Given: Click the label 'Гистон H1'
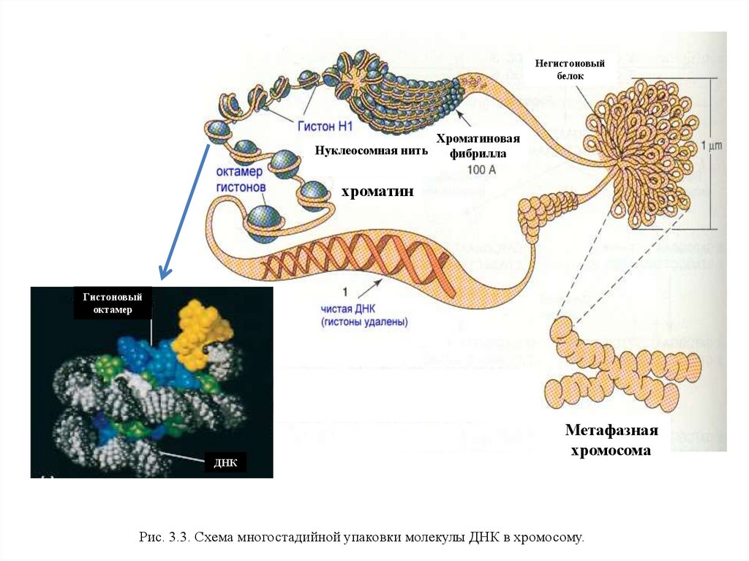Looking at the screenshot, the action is (325, 126).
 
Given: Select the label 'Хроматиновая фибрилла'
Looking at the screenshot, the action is (478, 146).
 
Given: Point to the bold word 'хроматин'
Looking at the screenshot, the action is (378, 192).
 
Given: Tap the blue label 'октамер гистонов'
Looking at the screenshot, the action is (241, 180).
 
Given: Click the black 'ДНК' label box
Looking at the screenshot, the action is (225, 463).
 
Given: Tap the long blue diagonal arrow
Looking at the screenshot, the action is (184, 208).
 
